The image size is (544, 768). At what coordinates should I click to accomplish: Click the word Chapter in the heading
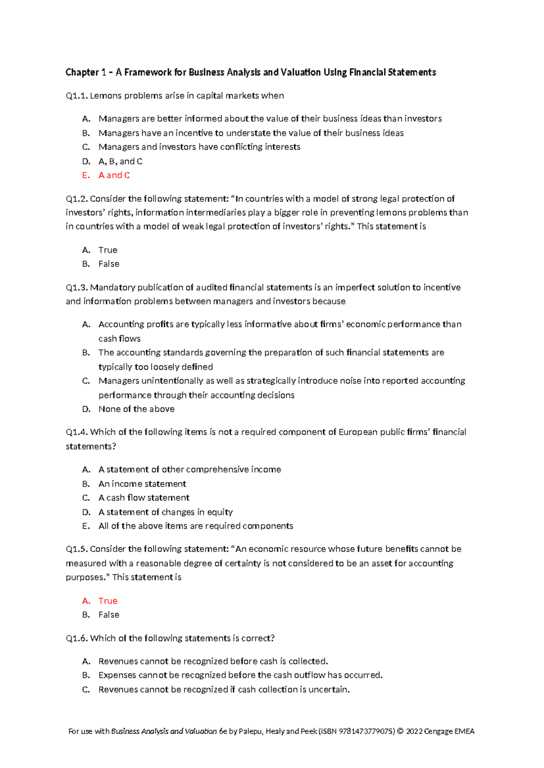click(x=82, y=72)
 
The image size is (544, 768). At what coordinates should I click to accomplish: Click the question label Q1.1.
click(x=76, y=96)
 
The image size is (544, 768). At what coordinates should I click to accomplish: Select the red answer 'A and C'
click(x=114, y=175)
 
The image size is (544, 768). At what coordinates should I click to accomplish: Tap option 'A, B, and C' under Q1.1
click(x=120, y=161)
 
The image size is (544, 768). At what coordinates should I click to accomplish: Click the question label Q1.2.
click(x=76, y=199)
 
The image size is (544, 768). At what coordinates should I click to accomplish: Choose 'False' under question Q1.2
click(x=109, y=264)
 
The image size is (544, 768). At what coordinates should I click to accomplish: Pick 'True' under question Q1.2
click(x=108, y=250)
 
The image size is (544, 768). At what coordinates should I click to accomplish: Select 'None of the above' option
click(x=136, y=409)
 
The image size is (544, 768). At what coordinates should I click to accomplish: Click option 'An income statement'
click(x=142, y=484)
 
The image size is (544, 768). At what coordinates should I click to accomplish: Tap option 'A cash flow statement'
click(x=144, y=498)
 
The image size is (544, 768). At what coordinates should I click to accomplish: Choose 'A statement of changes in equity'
click(x=165, y=512)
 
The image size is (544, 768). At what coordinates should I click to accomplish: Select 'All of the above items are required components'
click(x=195, y=526)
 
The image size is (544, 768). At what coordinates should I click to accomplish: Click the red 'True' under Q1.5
click(x=108, y=601)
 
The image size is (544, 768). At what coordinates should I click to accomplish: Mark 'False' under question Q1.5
click(x=109, y=615)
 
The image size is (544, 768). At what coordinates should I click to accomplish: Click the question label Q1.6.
click(x=76, y=638)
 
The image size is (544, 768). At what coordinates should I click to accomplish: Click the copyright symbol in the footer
click(x=400, y=731)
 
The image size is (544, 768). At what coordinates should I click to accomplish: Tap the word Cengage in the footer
click(x=439, y=731)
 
